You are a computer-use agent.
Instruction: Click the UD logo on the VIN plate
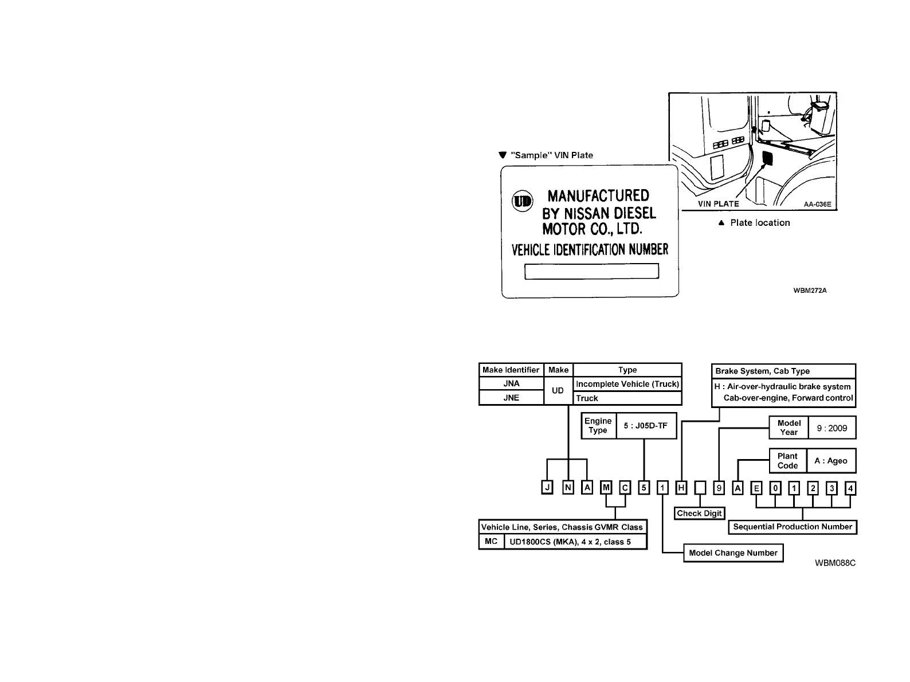pyautogui.click(x=522, y=201)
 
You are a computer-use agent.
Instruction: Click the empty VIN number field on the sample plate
pyautogui.click(x=591, y=272)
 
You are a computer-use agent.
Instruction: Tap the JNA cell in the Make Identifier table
pyautogui.click(x=511, y=383)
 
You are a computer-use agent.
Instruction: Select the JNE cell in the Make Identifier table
pyautogui.click(x=511, y=398)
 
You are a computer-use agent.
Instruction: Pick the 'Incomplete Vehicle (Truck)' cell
pyautogui.click(x=627, y=384)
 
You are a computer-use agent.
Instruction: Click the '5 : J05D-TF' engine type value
pyautogui.click(x=646, y=426)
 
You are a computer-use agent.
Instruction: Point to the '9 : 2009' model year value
pyautogui.click(x=831, y=428)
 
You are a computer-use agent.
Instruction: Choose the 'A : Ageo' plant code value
pyautogui.click(x=831, y=461)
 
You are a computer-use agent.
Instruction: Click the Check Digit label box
pyautogui.click(x=699, y=514)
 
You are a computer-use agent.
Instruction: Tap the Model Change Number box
pyautogui.click(x=733, y=553)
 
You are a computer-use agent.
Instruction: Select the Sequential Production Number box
pyautogui.click(x=793, y=527)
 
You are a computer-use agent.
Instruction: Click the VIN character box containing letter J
pyautogui.click(x=548, y=488)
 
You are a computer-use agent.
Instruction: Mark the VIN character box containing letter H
pyautogui.click(x=681, y=488)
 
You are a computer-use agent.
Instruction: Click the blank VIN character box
pyautogui.click(x=700, y=488)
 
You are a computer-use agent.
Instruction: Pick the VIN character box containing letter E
pyautogui.click(x=757, y=488)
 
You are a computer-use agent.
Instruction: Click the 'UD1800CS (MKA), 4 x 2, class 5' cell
pyautogui.click(x=575, y=542)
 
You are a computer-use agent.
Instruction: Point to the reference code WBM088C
pyautogui.click(x=835, y=563)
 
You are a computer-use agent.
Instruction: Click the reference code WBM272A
pyautogui.click(x=810, y=291)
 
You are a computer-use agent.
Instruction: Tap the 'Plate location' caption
pyautogui.click(x=759, y=223)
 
